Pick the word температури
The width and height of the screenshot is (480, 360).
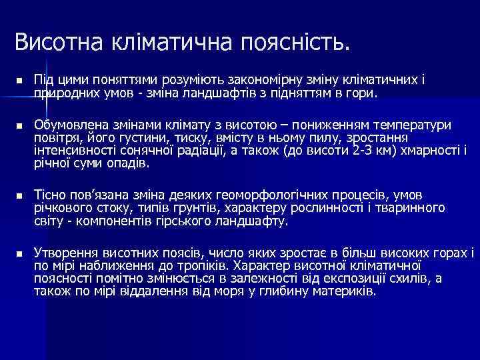(413, 124)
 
